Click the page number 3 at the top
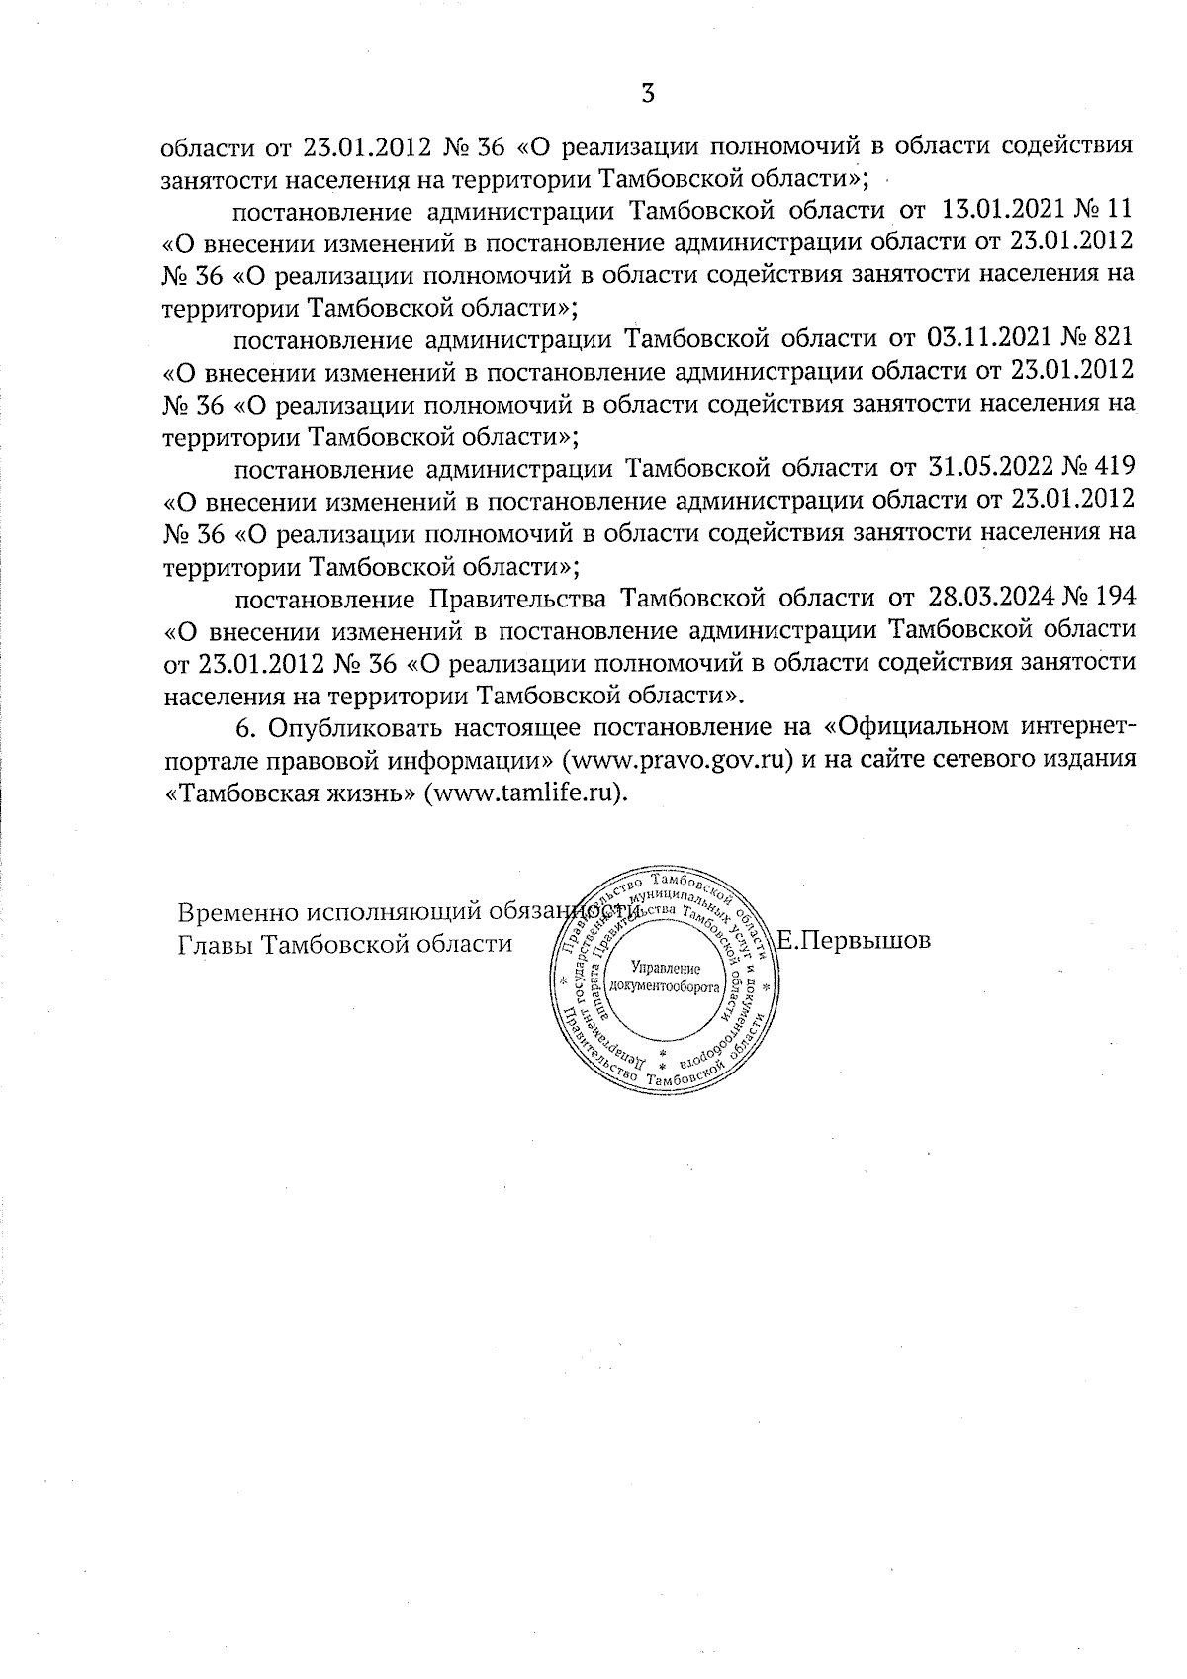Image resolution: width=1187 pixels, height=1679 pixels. point(648,94)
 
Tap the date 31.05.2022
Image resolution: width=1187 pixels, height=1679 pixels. point(990,469)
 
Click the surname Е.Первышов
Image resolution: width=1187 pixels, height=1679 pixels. point(855,941)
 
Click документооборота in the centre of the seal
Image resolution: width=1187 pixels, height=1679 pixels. point(664,986)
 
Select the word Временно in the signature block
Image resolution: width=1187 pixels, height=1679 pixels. point(237,911)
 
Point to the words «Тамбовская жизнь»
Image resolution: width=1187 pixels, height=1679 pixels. point(288,793)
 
